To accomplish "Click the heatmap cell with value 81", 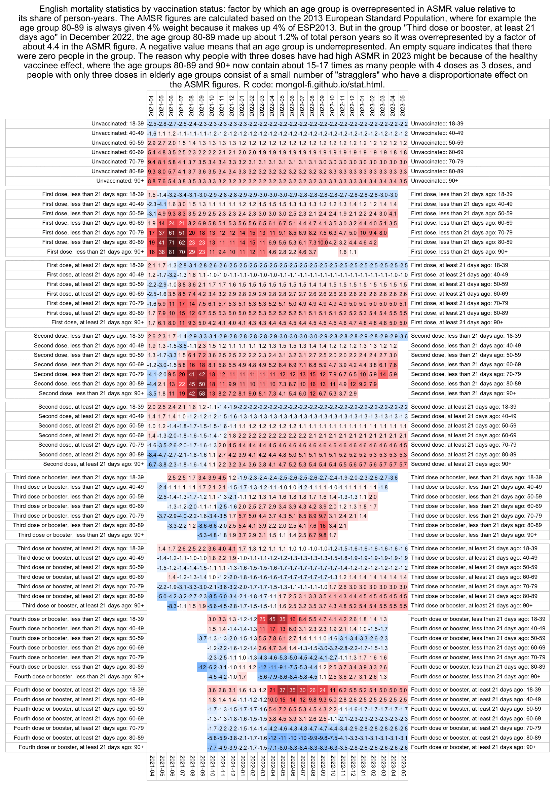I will click(172, 252).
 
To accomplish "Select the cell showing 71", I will click(172, 242).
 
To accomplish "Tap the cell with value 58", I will click(202, 394).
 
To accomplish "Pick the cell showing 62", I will click(182, 242).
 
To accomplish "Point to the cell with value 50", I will click(202, 384).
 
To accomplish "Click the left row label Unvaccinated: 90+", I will click(120, 181).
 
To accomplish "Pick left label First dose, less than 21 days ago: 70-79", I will click(93, 233).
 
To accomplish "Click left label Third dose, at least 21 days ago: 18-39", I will click(80, 549).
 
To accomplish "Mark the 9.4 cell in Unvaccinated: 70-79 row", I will click(152, 162).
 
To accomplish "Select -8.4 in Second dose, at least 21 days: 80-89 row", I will click(152, 455).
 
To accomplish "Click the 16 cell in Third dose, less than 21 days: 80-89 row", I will click(323, 526).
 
